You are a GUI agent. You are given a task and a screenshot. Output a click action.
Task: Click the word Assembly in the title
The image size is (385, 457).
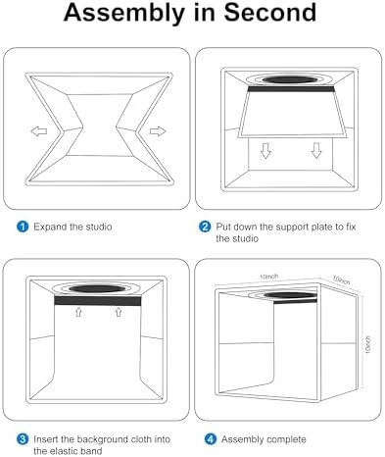point(124,14)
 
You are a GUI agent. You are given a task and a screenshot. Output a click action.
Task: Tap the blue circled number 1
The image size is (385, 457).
point(23,227)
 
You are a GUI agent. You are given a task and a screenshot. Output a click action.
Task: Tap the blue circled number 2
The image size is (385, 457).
point(205,227)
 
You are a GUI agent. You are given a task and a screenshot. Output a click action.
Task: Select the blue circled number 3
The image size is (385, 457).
point(23,439)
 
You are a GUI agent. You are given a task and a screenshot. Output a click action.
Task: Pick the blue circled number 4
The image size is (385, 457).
point(211,439)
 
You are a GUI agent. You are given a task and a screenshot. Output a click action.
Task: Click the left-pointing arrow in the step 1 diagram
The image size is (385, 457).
point(39,131)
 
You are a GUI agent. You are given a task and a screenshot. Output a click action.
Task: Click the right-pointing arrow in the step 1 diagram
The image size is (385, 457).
point(158,131)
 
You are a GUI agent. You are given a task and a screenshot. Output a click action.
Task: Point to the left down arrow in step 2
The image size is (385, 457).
point(265,150)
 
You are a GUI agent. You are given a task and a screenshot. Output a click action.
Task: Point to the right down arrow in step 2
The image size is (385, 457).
point(316,150)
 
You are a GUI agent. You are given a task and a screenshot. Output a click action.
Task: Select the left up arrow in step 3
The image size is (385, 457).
point(78,312)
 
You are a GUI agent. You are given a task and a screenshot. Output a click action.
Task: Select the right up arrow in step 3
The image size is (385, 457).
point(119,312)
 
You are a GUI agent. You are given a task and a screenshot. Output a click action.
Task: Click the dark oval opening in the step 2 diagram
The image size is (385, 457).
point(289,79)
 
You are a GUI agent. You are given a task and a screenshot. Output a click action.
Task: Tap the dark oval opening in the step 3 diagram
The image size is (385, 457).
point(97,288)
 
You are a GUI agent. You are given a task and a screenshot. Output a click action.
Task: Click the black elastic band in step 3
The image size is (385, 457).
point(97,301)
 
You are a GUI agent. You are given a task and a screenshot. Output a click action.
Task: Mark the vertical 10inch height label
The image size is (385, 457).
point(368,344)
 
